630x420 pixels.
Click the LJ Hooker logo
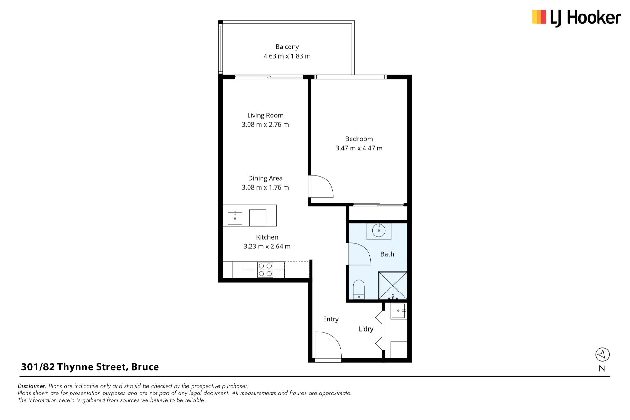pyautogui.click(x=576, y=18)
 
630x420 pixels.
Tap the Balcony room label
pyautogui.click(x=287, y=47)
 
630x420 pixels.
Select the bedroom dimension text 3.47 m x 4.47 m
pyautogui.click(x=359, y=148)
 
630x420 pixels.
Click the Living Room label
pyautogui.click(x=265, y=116)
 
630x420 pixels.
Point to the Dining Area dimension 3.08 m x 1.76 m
pyautogui.click(x=265, y=187)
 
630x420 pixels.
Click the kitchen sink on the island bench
pyautogui.click(x=235, y=218)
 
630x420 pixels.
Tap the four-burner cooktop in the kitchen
pyautogui.click(x=265, y=270)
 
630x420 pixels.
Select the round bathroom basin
pyautogui.click(x=379, y=230)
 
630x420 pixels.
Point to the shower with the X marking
pyautogui.click(x=393, y=285)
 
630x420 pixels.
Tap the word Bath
pyautogui.click(x=387, y=254)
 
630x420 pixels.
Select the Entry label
pyautogui.click(x=331, y=319)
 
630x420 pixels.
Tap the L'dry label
pyautogui.click(x=366, y=329)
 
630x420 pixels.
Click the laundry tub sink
pyautogui.click(x=398, y=311)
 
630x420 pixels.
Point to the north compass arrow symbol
pyautogui.click(x=602, y=355)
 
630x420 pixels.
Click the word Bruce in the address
pyautogui.click(x=145, y=367)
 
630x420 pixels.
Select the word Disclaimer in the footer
pyautogui.click(x=32, y=386)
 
